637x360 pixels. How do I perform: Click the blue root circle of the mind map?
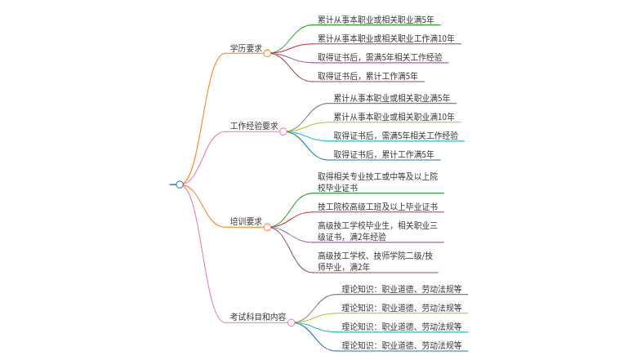click(x=180, y=184)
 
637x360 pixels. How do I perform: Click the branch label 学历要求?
click(x=246, y=48)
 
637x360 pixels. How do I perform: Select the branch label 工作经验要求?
click(x=254, y=126)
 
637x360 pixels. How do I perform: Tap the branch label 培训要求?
click(x=246, y=221)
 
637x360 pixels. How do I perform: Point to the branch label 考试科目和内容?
click(x=258, y=317)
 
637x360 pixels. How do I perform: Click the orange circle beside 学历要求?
click(x=267, y=53)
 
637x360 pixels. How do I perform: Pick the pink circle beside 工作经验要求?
click(x=283, y=131)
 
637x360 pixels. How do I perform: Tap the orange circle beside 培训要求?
click(x=267, y=227)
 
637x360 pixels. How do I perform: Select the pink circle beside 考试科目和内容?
click(x=292, y=322)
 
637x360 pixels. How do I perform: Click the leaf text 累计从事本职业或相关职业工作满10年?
click(x=386, y=38)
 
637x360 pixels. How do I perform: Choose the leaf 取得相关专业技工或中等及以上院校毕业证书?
click(x=378, y=182)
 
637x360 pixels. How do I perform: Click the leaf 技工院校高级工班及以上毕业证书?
click(x=378, y=207)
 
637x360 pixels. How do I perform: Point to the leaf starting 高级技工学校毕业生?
click(x=378, y=231)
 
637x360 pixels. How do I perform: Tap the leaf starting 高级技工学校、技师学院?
click(x=376, y=261)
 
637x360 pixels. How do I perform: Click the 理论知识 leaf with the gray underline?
click(x=402, y=289)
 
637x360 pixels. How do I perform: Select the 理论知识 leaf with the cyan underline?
click(x=402, y=327)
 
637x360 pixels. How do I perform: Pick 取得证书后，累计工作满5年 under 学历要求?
click(x=367, y=76)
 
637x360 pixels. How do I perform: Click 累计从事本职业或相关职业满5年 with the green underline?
click(x=376, y=20)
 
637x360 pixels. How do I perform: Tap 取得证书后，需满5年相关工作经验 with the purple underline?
click(x=380, y=57)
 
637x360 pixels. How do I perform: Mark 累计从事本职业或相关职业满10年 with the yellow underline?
click(x=394, y=117)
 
